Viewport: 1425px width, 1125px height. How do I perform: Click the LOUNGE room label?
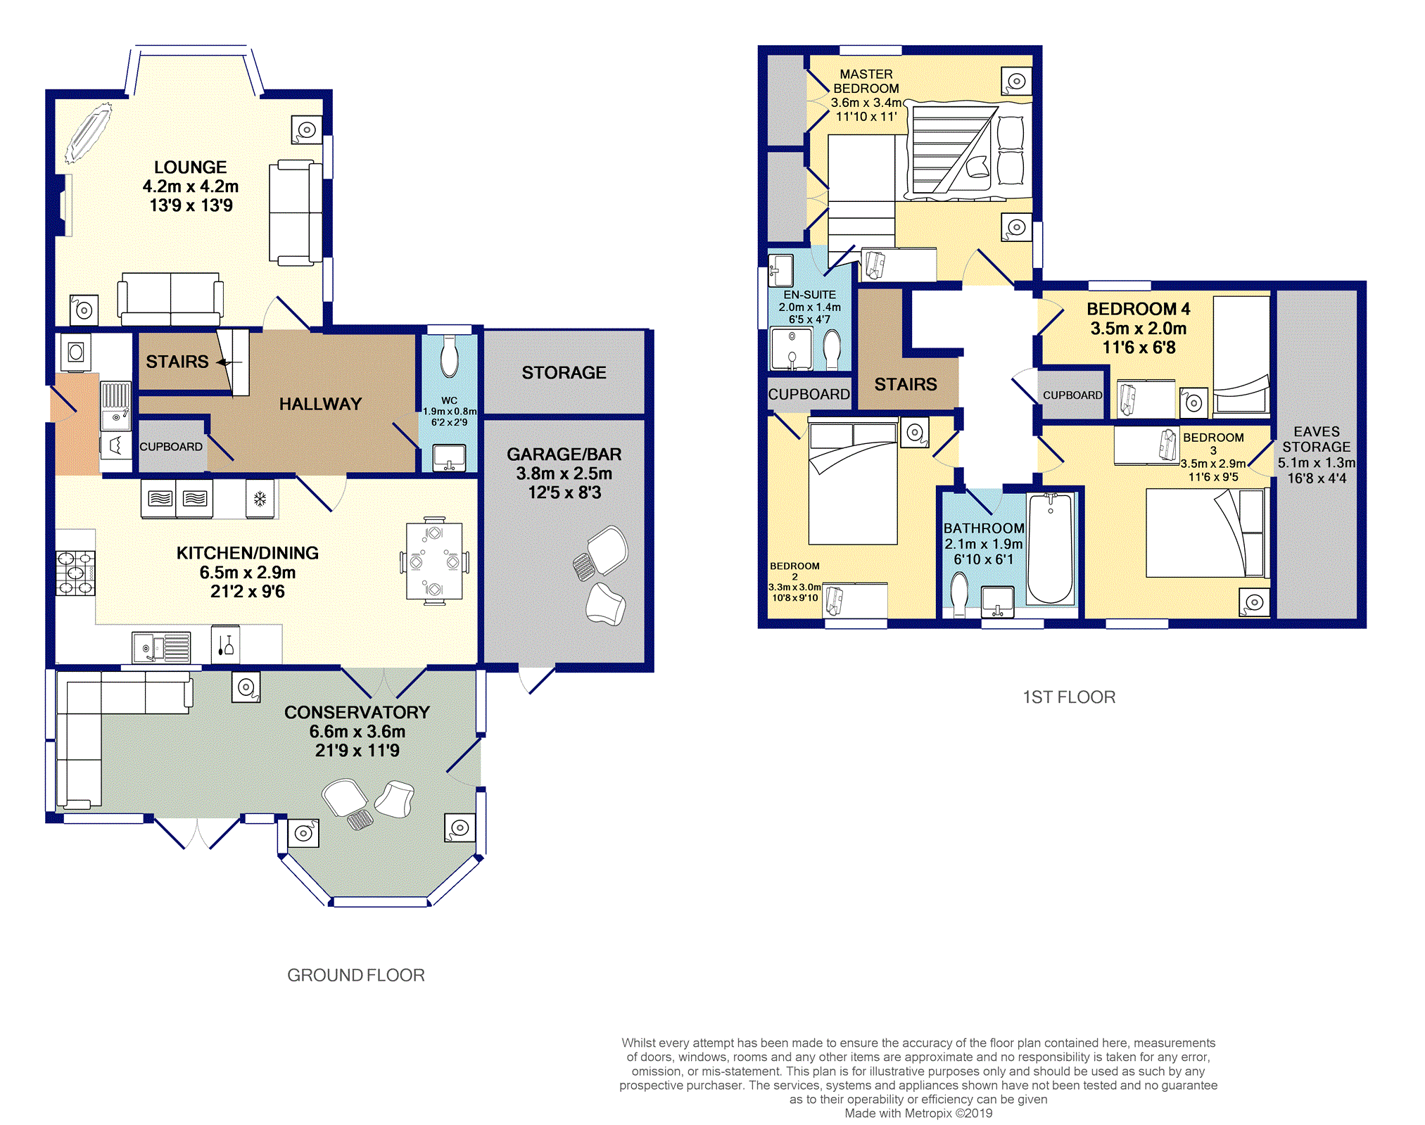point(191,167)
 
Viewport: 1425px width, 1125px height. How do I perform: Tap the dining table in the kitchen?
point(434,561)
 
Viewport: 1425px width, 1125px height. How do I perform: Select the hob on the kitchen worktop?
point(75,573)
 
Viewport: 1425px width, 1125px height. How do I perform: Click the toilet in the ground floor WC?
point(449,356)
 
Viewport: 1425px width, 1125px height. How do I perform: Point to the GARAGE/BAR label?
point(564,455)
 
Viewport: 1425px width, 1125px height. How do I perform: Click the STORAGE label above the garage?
point(564,372)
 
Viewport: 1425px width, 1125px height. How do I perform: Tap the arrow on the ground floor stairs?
point(229,362)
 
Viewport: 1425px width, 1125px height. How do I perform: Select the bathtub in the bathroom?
point(1051,549)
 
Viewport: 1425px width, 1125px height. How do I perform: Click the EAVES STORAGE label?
point(1317,439)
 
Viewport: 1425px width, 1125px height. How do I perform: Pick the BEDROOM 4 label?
point(1139,309)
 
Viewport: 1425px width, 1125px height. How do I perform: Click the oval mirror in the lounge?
point(89,133)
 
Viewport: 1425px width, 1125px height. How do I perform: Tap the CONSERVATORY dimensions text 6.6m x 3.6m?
point(357,732)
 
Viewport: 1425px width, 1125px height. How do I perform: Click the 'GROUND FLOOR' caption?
point(356,975)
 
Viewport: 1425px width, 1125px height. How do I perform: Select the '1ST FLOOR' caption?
point(1069,697)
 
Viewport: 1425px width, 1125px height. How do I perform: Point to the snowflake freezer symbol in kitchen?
point(260,500)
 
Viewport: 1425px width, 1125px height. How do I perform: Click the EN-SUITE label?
point(810,295)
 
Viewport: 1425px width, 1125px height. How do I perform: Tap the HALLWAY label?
point(320,404)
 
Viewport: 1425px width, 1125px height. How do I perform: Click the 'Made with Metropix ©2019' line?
point(918,1113)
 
